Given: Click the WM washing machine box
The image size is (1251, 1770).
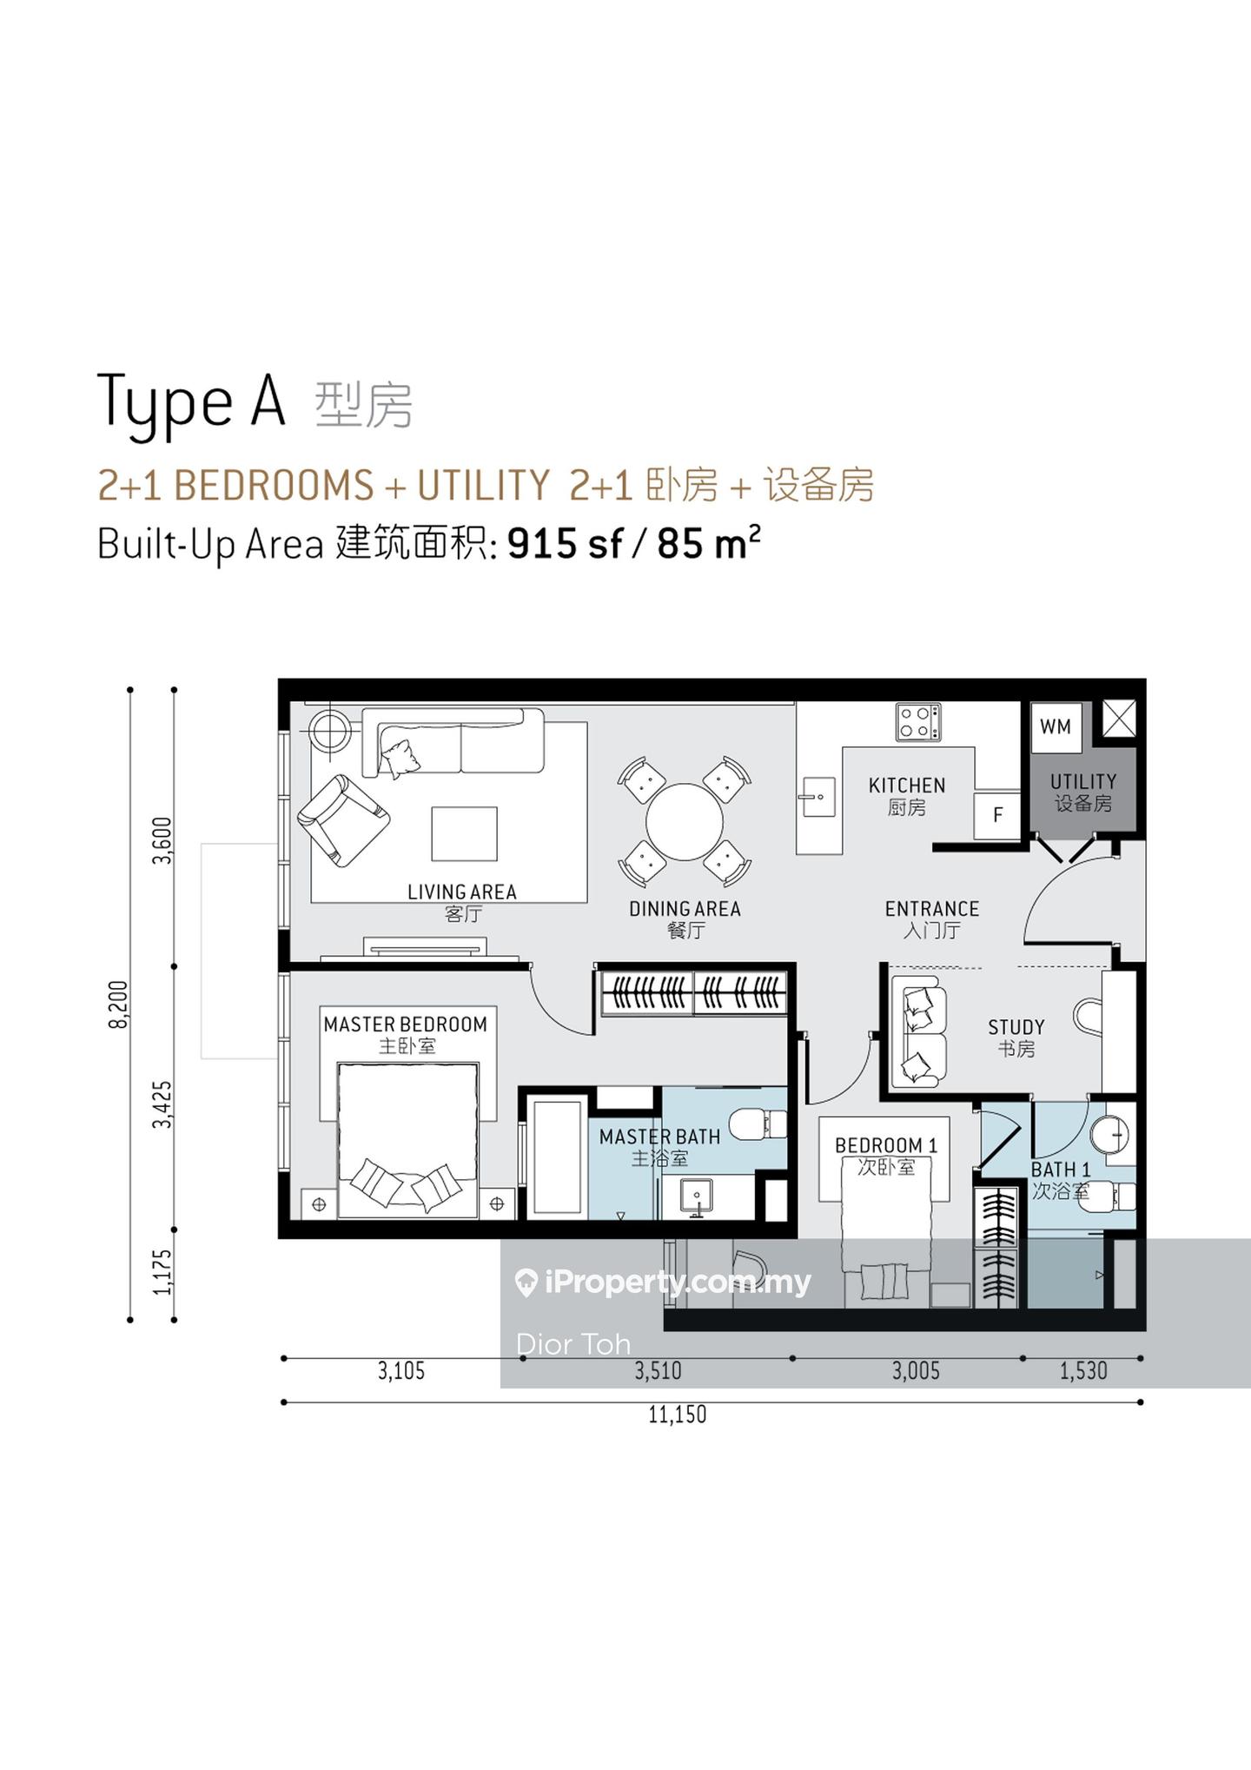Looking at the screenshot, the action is coord(1056,727).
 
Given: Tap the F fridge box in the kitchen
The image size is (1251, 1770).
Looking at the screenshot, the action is coord(997,815).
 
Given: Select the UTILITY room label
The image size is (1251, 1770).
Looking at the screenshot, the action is coord(1083,781).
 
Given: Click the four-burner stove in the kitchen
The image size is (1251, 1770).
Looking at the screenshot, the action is coord(918,721).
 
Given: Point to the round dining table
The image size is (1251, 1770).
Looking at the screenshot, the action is coord(685,822).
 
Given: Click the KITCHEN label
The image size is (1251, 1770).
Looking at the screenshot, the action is coord(907,786).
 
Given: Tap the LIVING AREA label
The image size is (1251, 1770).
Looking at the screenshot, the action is coord(462,892).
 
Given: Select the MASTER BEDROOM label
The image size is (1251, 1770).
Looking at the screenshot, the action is coord(406,1024).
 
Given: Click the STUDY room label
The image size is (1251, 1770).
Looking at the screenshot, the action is coord(1016,1027).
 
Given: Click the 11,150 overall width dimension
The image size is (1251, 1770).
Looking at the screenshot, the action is coord(678,1415).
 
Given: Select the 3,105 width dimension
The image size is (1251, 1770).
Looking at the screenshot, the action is coord(401,1371).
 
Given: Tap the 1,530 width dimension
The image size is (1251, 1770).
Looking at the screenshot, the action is coord(1084,1371).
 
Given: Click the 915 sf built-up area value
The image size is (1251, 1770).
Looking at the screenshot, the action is coord(566,544).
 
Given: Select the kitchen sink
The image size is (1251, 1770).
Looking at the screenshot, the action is coord(817,797).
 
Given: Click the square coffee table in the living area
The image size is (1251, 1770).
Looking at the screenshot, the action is coord(465,833).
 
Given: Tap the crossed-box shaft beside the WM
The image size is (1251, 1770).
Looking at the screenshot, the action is coord(1119,719).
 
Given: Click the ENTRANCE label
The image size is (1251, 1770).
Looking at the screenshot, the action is coord(932,909).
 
